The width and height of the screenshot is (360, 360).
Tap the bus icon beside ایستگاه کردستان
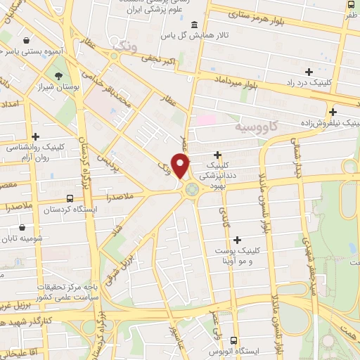tap(69, 198)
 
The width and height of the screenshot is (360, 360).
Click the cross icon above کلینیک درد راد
tap(309, 72)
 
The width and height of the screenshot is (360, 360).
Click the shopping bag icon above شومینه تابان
tap(24, 227)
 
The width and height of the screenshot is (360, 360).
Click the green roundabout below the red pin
tap(191, 188)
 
